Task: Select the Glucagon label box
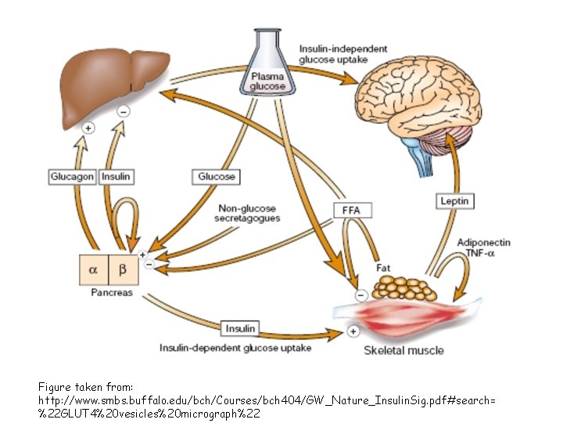[72, 177]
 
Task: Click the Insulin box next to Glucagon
[116, 177]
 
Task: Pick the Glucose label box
[217, 177]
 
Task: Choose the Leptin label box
[454, 201]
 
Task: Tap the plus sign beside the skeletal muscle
[353, 331]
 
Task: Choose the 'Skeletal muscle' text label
[403, 350]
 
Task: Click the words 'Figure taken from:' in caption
[85, 387]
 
